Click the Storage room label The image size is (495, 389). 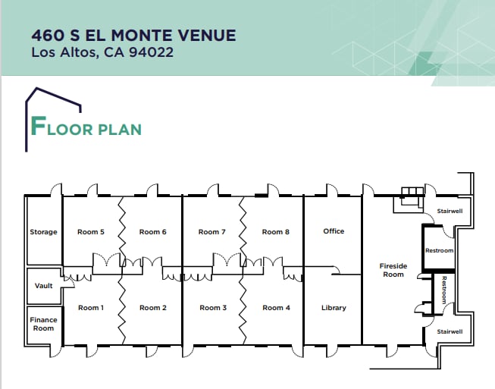[43, 232]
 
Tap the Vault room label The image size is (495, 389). [44, 286]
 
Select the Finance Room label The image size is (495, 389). [43, 324]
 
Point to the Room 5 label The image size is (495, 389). [91, 232]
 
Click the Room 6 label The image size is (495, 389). [153, 232]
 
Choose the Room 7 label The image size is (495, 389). [212, 232]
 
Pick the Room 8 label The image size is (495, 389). [276, 232]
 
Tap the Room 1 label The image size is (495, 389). [90, 308]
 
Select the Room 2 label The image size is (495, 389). [153, 308]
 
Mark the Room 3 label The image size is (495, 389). [213, 308]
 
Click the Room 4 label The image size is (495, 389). [276, 308]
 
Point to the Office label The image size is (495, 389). [334, 231]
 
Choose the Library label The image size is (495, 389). [334, 308]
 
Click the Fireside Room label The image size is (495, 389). [393, 270]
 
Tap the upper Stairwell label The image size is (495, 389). [450, 212]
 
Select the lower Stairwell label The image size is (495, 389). [450, 331]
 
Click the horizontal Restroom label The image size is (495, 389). [439, 251]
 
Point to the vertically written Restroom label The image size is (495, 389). [445, 290]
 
